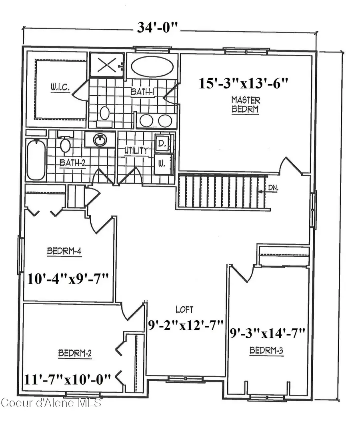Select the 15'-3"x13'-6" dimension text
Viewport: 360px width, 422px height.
244,84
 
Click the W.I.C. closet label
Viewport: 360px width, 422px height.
61,86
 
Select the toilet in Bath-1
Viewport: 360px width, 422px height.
105,113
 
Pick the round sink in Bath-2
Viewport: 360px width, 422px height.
99,140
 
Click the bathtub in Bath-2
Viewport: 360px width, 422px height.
36,159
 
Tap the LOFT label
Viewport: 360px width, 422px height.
184,309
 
